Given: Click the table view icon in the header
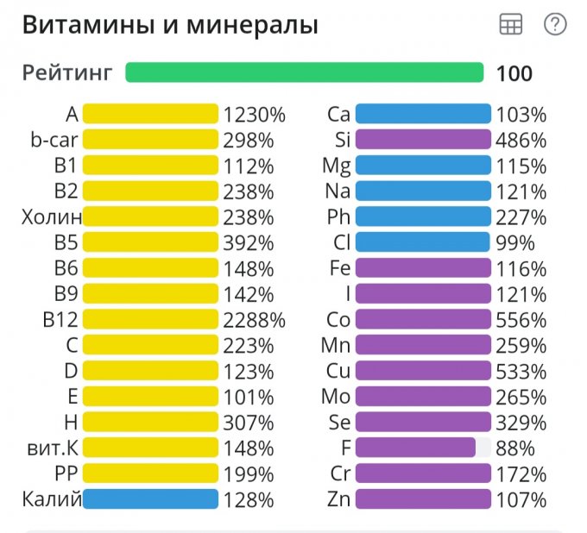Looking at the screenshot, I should (x=511, y=25).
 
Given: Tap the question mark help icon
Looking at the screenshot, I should (x=555, y=25).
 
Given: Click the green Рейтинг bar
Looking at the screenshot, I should (x=304, y=72).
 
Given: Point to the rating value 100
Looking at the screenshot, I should (x=514, y=73).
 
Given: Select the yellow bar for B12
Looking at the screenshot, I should (x=150, y=320).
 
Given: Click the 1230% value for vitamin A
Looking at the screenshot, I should (x=254, y=114).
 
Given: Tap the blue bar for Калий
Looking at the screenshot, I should (x=150, y=499).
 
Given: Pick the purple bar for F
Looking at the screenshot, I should (x=415, y=448).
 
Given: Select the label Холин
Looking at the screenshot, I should (x=52, y=216).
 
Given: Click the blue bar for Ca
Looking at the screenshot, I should (x=423, y=114).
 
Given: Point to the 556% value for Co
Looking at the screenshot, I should (x=521, y=320).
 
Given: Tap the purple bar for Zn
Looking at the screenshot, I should (x=423, y=499).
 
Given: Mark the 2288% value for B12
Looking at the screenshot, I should (x=254, y=320).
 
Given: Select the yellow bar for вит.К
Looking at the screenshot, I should (x=150, y=448).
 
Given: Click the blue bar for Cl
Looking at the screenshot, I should (x=423, y=242).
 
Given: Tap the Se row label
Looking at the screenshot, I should (x=339, y=423).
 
